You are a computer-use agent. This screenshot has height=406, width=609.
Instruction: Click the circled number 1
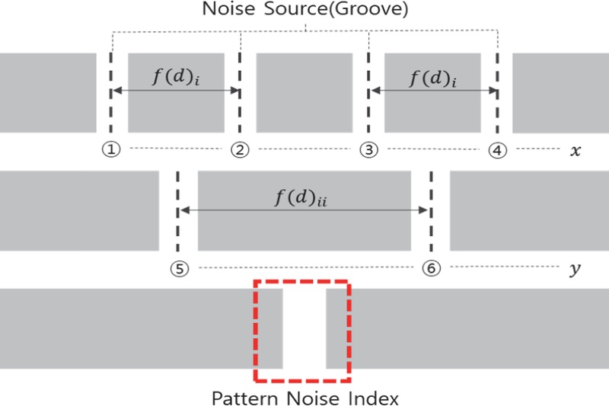coord(112,150)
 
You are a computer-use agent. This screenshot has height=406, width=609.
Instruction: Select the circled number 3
coord(368,150)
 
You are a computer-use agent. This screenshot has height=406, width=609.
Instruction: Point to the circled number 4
coord(497,150)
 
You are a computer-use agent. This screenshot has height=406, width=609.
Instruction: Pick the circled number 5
coord(177,268)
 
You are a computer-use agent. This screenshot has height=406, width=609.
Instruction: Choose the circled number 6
coord(431,268)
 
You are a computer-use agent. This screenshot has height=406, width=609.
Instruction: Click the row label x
coord(576,151)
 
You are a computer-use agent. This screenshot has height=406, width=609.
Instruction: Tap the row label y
coord(576,269)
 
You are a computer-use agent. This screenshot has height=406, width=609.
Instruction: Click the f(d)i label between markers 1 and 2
coord(176,78)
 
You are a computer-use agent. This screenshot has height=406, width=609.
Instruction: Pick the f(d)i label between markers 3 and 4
coord(432,78)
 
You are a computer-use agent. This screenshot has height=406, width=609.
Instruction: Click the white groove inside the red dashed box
coord(304,328)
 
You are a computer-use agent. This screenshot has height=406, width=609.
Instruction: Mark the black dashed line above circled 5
coord(177,213)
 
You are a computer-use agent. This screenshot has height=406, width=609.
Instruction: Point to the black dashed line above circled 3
coord(368,91)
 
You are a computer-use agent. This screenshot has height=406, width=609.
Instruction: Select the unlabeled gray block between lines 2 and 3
coord(304,93)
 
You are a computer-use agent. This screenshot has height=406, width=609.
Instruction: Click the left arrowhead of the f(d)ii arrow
coord(183,211)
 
